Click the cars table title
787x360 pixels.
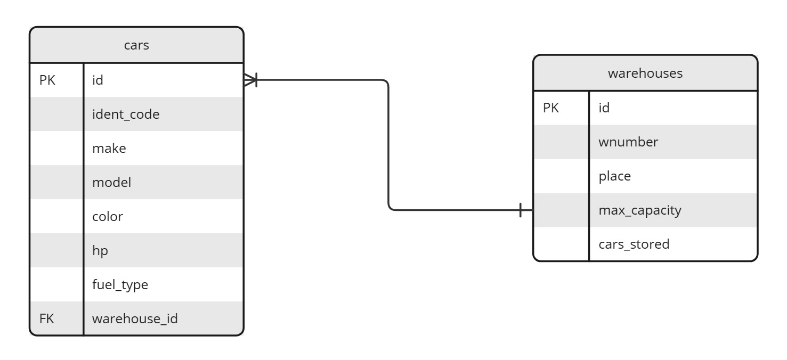point(136,45)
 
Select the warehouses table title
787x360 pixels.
point(645,73)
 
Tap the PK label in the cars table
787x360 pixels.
point(47,80)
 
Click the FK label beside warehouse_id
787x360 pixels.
point(47,319)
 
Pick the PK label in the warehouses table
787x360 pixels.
point(551,108)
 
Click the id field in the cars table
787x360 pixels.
point(98,80)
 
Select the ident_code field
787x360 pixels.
point(126,114)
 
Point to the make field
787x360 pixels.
point(109,149)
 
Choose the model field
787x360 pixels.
point(111,183)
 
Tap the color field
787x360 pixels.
point(108,217)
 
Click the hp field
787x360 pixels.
point(100,251)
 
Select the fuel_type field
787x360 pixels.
point(120,285)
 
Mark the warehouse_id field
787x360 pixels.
point(135,319)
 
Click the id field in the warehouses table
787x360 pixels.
point(604,108)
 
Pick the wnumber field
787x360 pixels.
point(628,142)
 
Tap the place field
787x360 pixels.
point(614,176)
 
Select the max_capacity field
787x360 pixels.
point(639,210)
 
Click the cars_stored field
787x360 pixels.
point(634,244)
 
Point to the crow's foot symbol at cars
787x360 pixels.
point(250,80)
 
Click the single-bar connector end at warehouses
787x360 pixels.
point(521,210)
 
